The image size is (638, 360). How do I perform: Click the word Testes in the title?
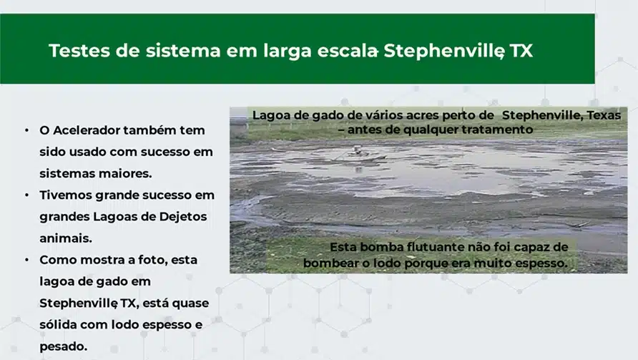coord(79,51)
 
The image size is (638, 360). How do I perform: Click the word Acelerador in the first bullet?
coord(86,130)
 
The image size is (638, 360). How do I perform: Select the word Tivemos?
coord(66,195)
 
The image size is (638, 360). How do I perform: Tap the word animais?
coord(66,238)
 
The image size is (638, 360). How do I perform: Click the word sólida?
coord(58,324)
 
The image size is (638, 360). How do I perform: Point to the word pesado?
coord(64,347)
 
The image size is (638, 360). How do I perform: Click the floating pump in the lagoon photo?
coord(357,152)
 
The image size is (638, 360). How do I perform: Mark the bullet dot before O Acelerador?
coord(27,130)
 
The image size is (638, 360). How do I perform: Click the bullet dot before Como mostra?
coord(27,260)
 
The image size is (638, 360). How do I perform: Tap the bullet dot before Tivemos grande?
coord(27,195)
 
